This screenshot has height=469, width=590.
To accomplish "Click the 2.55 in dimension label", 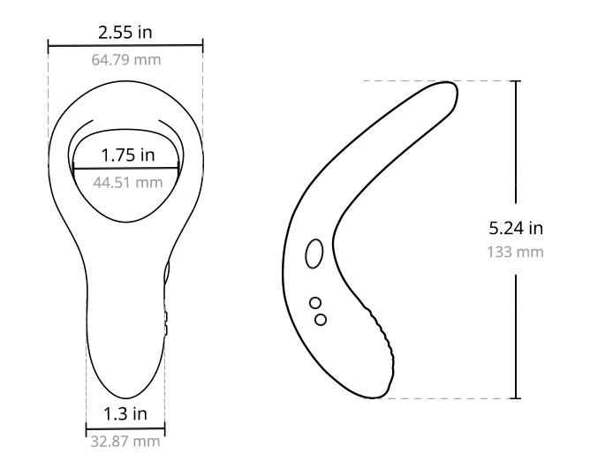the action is (125, 33).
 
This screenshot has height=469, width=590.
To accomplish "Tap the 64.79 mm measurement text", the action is (126, 60).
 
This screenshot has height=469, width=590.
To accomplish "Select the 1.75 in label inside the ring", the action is (128, 155).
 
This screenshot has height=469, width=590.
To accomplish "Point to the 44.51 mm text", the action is (128, 183).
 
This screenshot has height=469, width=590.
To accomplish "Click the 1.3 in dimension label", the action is (125, 414).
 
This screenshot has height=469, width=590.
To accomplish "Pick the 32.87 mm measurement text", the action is (125, 442).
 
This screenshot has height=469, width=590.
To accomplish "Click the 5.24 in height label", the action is (516, 228).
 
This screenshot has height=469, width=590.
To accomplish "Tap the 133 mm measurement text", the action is (516, 253).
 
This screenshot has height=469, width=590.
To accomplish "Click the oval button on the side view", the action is (314, 253).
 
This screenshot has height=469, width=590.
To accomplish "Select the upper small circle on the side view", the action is (315, 303).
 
